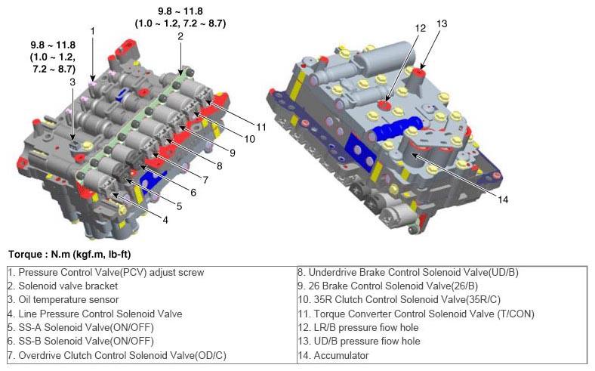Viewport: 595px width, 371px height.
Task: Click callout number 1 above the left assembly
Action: coord(92,31)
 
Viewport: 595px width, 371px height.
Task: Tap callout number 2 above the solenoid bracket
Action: coord(180,36)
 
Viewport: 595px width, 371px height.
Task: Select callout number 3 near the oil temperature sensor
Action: coord(72,82)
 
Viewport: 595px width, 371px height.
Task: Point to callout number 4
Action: coord(165,220)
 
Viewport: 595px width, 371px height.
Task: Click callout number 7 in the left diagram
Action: coord(205,180)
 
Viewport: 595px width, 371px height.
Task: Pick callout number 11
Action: coord(261,127)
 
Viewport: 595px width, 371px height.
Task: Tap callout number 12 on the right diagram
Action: coord(420,28)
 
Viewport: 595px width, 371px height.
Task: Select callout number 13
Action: coord(442,23)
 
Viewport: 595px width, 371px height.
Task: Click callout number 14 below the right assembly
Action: coord(502,199)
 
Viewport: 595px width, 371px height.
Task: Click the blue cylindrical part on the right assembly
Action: coord(396,127)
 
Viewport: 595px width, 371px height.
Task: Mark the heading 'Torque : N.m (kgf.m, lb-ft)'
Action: coord(69,254)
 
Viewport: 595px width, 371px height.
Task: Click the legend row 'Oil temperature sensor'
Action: coord(63,300)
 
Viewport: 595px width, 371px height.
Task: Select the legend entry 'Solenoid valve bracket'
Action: coord(63,286)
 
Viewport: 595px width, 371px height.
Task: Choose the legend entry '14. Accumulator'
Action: coord(333,355)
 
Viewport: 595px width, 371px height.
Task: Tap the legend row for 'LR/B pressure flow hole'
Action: coord(358,327)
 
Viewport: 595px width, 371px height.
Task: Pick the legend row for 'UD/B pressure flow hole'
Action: coord(359,341)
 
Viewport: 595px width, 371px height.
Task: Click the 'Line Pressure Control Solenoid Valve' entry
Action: coord(95,314)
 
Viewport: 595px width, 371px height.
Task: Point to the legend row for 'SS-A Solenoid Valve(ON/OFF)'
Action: coord(81,327)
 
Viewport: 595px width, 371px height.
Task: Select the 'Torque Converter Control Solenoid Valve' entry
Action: coord(416,314)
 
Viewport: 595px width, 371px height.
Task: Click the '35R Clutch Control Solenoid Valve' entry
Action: coord(399,300)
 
